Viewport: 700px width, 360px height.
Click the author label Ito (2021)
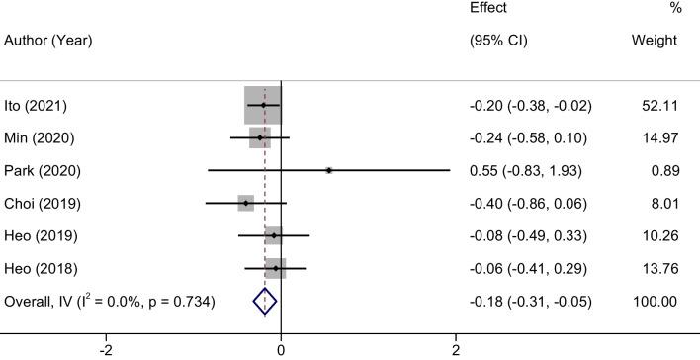click(36, 105)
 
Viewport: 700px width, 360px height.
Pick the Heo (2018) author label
click(40, 268)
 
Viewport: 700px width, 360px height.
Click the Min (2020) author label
click(38, 137)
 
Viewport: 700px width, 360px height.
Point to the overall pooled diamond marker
click(265, 301)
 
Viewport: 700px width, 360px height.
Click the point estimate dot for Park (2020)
click(329, 170)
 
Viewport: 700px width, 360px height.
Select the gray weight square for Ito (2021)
click(263, 105)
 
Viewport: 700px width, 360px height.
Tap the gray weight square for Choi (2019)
click(246, 203)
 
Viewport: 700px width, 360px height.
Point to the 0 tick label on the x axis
click(282, 349)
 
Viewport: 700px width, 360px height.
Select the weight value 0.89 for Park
click(663, 170)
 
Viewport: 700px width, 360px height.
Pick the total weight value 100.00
click(656, 301)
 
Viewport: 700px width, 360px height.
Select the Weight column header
click(654, 41)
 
